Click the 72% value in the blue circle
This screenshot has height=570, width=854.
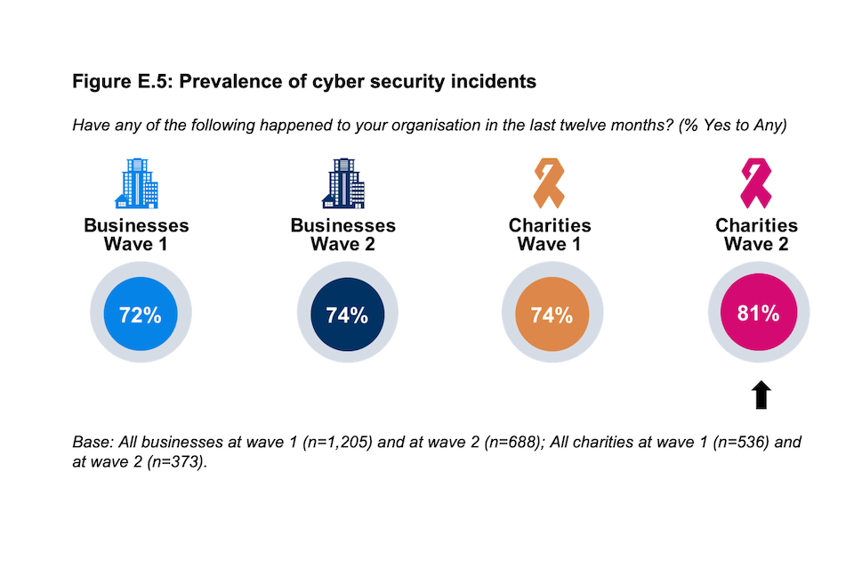coord(139,314)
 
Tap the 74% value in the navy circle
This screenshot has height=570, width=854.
coord(346,314)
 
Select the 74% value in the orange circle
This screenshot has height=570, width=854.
coord(552,314)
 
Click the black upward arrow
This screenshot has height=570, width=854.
coord(761,394)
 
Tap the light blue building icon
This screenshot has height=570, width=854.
coord(137,183)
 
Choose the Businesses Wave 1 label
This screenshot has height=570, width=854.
coord(136,234)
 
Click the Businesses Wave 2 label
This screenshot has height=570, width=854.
coord(343,234)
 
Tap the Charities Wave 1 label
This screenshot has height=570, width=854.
coord(550,234)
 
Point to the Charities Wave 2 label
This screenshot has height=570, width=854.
coord(757,234)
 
